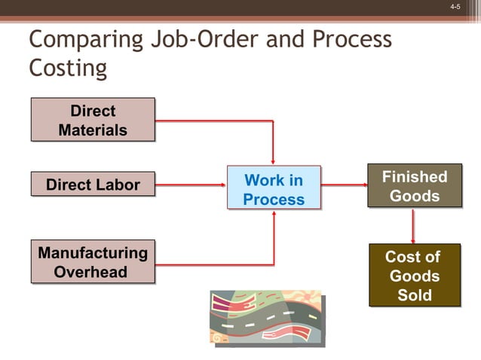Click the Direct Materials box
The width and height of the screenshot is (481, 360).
tap(93, 120)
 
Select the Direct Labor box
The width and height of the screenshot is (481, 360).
tap(93, 185)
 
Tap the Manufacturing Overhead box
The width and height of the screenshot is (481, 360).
tap(93, 261)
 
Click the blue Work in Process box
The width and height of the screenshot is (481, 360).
tap(274, 188)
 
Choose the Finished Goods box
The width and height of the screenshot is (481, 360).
tap(414, 186)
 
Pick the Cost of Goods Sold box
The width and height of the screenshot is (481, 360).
tap(414, 275)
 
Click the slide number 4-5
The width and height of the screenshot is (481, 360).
tap(455, 7)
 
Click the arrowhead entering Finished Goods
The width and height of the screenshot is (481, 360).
tap(362, 183)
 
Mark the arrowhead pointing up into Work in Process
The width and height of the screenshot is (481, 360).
tap(274, 214)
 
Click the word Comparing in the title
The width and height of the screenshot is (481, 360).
tap(84, 39)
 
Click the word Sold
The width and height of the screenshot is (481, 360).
tap(414, 294)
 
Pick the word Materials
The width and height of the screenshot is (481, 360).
tap(93, 130)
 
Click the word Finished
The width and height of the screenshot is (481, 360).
tap(414, 177)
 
